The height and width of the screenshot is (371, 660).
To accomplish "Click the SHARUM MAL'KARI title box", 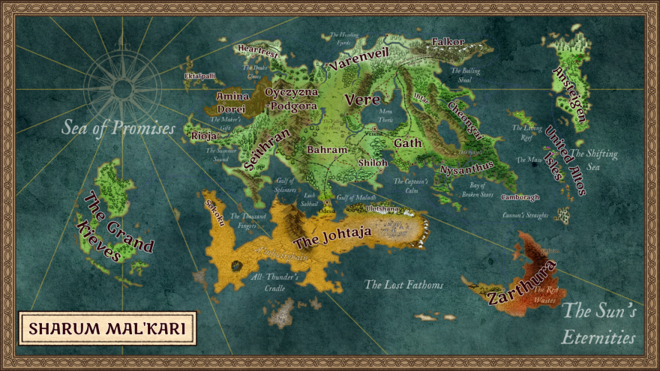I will (107, 328).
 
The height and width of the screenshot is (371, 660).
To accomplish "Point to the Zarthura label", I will (522, 283).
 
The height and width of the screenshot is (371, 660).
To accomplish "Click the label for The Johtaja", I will (332, 238).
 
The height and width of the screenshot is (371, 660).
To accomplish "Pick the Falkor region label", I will (448, 42).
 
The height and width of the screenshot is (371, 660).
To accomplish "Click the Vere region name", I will (361, 100).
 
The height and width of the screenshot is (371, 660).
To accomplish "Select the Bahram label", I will (327, 150).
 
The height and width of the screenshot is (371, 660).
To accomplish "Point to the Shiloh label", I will (373, 163).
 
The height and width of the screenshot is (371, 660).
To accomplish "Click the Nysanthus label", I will (466, 167).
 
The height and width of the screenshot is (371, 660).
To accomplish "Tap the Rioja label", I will (203, 136).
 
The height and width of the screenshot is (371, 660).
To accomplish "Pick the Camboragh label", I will (520, 198).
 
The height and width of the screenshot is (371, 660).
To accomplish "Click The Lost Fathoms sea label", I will (404, 285).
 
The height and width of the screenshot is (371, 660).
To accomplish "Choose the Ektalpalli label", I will (199, 76).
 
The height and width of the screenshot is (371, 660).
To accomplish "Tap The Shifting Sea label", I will (594, 160).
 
